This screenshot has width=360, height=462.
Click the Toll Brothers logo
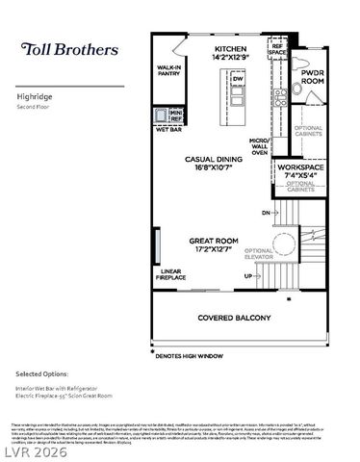(x=70, y=49)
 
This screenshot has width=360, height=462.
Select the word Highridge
(x=34, y=96)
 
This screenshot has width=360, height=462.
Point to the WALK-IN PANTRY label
(x=170, y=71)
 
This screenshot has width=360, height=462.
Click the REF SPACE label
(x=278, y=48)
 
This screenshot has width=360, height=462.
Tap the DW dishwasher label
(x=237, y=79)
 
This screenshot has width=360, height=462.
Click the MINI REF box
(x=176, y=116)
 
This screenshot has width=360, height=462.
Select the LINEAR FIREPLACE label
(x=171, y=274)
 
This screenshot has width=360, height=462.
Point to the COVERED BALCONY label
(x=235, y=318)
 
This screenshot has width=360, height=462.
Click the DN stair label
(x=266, y=212)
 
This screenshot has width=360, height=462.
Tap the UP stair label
(x=248, y=276)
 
